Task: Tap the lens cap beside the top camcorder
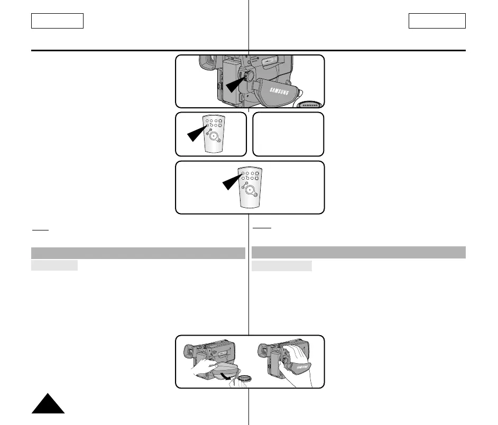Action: (310, 104)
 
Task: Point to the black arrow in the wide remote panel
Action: (231, 181)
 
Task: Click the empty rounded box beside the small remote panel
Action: (288, 134)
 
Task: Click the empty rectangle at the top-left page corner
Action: (57, 21)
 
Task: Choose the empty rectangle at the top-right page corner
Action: (437, 21)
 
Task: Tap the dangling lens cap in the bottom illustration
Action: (244, 378)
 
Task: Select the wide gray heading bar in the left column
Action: (138, 253)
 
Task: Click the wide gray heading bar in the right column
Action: (358, 252)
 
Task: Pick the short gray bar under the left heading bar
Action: (54, 265)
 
